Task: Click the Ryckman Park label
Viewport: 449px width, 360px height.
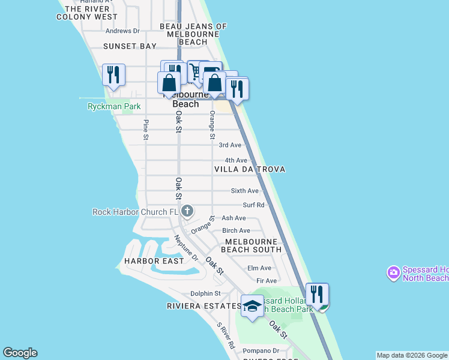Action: tap(114, 107)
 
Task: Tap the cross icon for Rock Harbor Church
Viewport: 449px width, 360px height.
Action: tap(187, 211)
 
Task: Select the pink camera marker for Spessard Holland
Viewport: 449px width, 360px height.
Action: tap(394, 273)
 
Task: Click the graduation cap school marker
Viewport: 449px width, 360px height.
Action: tap(252, 306)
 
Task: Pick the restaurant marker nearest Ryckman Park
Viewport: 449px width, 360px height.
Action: tap(113, 75)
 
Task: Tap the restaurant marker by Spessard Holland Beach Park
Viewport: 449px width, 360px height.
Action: tap(317, 295)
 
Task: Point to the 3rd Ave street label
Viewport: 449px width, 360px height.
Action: tap(230, 145)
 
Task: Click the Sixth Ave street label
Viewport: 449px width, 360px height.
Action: tap(245, 191)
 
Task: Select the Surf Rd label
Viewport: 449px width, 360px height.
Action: tap(253, 205)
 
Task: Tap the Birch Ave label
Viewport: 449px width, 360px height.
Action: tap(236, 231)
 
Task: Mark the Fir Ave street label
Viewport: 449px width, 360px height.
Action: tap(266, 281)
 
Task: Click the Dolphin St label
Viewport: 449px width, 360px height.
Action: tap(205, 293)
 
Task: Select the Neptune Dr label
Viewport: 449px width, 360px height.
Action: tap(186, 248)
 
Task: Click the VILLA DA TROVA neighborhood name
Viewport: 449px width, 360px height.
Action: tap(250, 170)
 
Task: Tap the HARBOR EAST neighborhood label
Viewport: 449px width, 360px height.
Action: tap(149, 261)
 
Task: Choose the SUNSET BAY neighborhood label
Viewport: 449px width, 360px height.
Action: tap(130, 46)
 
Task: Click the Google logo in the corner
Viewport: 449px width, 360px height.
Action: tap(20, 353)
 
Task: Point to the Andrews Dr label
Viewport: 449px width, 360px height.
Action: tap(122, 31)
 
